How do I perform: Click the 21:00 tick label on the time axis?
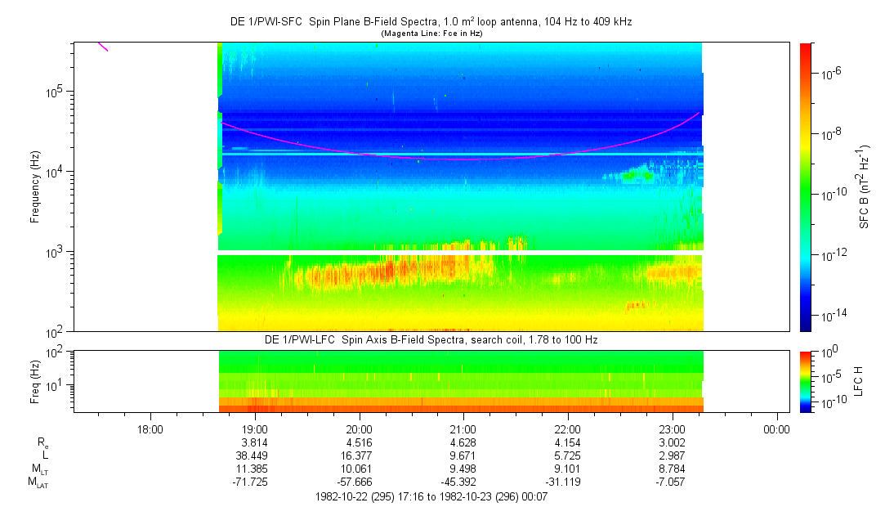463,429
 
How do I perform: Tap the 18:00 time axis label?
150,429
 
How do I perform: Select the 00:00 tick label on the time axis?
776,429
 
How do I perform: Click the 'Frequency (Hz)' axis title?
35,187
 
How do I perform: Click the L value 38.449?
255,455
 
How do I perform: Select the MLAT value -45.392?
463,481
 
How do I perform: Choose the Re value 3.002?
672,442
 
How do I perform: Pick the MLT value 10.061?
360,468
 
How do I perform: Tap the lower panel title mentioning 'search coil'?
431,339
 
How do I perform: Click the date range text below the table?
431,496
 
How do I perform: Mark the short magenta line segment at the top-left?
103,47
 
